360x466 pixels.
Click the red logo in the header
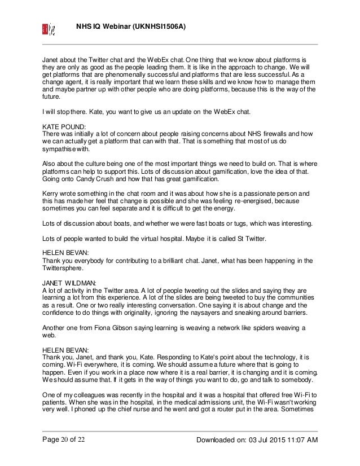point(47,28)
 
